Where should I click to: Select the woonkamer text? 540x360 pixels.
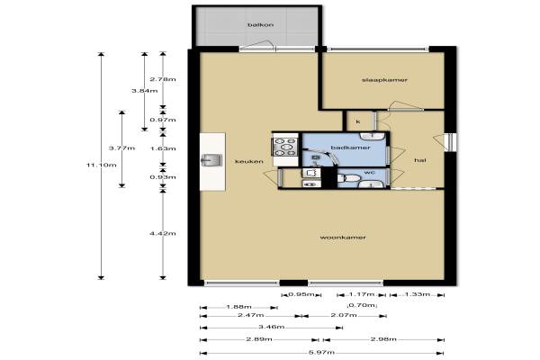[343, 238]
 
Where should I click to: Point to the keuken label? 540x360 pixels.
[249, 161]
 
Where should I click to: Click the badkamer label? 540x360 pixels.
[350, 148]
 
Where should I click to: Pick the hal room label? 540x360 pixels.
[420, 160]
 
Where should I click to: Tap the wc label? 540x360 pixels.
[369, 172]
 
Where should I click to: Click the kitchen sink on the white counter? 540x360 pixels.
[211, 160]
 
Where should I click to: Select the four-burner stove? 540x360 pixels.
[285, 147]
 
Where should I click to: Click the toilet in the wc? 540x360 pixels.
[348, 178]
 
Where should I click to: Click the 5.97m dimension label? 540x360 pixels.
[320, 353]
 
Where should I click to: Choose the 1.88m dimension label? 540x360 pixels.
[238, 307]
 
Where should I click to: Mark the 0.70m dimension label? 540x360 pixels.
[363, 305]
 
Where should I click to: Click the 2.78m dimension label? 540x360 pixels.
[163, 79]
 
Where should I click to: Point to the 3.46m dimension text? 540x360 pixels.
[272, 327]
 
